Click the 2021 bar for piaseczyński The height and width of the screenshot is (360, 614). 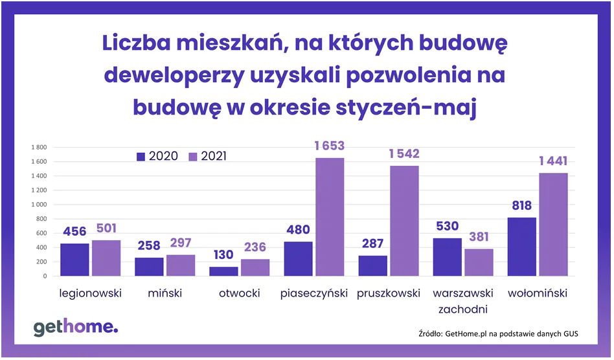[x=330, y=217]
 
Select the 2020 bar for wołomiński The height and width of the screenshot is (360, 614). [x=521, y=247]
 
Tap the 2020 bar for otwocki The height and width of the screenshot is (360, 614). [x=223, y=271]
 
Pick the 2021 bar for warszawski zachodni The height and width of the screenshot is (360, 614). [x=479, y=262]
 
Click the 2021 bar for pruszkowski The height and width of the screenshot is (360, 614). [x=404, y=221]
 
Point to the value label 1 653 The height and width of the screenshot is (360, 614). [x=330, y=146]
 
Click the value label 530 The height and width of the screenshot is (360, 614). [x=447, y=226]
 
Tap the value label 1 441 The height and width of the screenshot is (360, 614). [x=553, y=161]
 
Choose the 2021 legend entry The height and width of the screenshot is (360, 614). [x=207, y=156]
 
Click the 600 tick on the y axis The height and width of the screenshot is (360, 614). [x=40, y=233]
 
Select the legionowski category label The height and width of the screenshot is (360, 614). [x=91, y=293]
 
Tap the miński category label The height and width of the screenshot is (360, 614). [x=165, y=293]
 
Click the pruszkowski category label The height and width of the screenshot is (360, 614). [x=389, y=293]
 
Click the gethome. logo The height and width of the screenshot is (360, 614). [x=76, y=327]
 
